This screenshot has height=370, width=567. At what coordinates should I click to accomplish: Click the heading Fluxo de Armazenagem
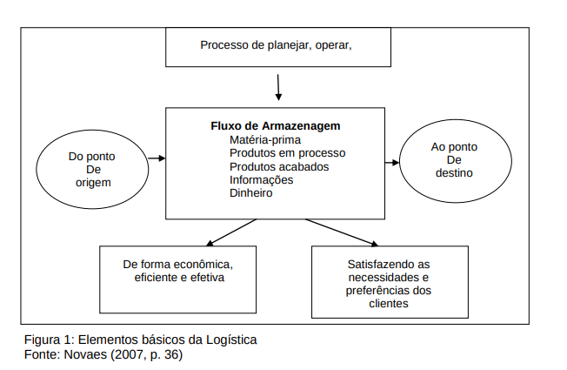pos(274,125)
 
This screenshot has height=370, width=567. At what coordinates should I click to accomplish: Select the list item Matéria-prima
pos(265,139)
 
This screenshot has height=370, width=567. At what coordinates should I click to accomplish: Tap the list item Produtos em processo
pos(286,153)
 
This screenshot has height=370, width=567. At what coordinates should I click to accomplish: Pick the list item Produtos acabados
pos(279,166)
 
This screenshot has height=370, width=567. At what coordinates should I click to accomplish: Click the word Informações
pos(261,179)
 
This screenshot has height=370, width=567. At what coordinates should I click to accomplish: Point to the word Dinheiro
pos(251,192)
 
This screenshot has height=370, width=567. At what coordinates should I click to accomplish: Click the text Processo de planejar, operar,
pos(276,46)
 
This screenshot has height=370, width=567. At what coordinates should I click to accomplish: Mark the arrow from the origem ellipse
pos(157,158)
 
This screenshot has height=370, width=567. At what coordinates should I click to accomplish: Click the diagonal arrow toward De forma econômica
pos(230,232)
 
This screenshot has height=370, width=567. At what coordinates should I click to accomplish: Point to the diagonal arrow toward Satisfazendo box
pos(341,232)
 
